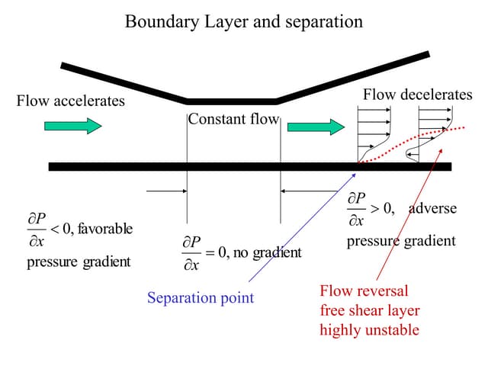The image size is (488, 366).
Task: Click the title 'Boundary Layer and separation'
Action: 244,21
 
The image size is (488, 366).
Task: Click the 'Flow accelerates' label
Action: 70,101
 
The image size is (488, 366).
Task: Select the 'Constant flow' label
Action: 233,119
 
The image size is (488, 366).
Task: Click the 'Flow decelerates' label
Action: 417,95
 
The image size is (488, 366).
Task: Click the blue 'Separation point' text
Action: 201,297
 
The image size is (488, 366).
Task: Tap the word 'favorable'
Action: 104,228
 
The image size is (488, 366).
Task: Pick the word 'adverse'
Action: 432,208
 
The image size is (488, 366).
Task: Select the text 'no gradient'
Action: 267,252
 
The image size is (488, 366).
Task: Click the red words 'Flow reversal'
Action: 364,291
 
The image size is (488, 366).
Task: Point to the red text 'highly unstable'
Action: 369,330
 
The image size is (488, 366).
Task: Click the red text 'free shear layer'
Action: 370,310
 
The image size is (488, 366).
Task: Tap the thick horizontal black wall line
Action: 229,166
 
